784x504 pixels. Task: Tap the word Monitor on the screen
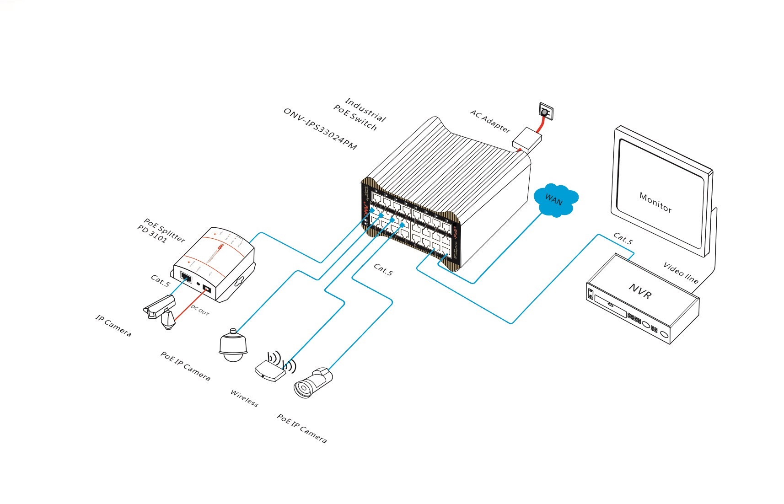[x=655, y=203]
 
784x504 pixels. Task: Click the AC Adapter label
[x=490, y=121]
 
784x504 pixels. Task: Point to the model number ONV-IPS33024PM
[x=320, y=129]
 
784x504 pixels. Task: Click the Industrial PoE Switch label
[x=360, y=114]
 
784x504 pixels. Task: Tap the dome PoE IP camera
[x=233, y=345]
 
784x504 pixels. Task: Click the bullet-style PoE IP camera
[x=313, y=382]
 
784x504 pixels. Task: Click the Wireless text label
[x=244, y=398]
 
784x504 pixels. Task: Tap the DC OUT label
[x=200, y=310]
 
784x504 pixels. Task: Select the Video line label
[x=681, y=273]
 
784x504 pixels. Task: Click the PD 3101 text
[x=152, y=234]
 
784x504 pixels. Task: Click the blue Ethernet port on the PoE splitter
[x=186, y=277]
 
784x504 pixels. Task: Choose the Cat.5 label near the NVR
[x=623, y=238]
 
